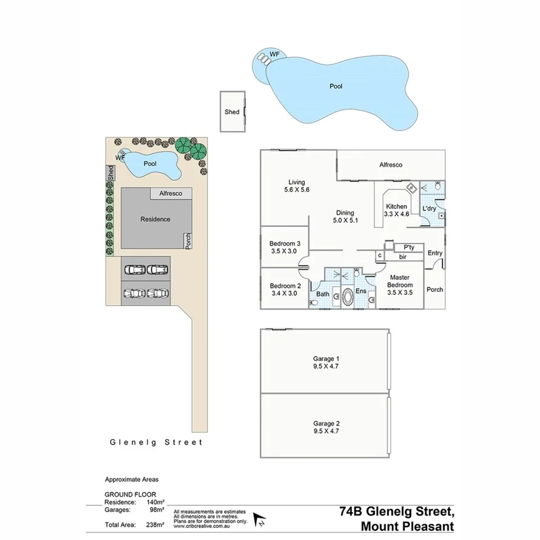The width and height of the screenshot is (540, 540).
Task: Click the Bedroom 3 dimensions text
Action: click(x=284, y=251)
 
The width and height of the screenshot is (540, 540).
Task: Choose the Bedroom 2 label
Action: click(x=285, y=286)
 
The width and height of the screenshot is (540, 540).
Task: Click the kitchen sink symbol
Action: click(x=411, y=188)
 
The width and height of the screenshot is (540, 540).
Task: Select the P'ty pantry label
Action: click(x=402, y=247)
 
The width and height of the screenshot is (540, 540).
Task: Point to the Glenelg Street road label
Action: click(x=156, y=442)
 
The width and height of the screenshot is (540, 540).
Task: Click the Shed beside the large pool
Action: click(x=232, y=112)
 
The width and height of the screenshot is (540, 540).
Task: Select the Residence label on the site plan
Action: click(x=155, y=219)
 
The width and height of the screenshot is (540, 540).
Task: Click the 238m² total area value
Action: click(x=155, y=525)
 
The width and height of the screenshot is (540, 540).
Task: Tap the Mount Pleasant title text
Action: click(x=407, y=526)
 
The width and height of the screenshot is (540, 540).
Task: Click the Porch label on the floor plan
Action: click(x=435, y=289)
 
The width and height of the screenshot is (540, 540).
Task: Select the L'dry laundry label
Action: click(x=429, y=208)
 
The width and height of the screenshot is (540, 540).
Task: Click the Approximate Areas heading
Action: click(x=131, y=480)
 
